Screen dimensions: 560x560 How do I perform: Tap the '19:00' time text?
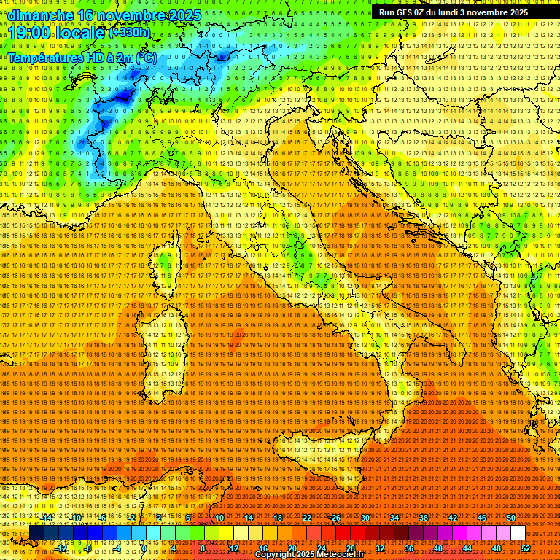28,33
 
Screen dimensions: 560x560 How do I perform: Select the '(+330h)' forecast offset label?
130,32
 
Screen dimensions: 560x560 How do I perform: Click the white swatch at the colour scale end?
518,533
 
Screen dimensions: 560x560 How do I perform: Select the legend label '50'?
510,518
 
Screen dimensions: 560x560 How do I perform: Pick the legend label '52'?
525,548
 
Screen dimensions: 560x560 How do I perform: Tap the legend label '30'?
365,518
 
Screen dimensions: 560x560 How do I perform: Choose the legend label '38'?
424,518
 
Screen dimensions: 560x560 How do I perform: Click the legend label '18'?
278,518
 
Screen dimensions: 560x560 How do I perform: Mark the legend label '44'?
467,548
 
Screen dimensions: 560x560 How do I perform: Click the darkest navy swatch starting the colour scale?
37,533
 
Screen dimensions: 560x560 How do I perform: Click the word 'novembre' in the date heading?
114,15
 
